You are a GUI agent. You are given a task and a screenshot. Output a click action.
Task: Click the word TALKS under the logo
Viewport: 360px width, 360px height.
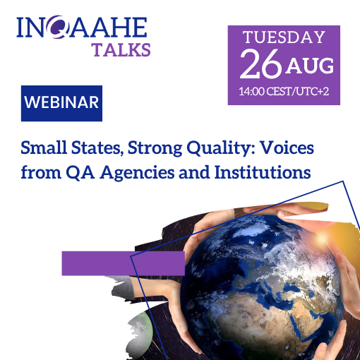click(121, 49)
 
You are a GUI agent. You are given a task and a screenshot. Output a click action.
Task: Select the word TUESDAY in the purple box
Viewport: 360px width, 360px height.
click(284, 37)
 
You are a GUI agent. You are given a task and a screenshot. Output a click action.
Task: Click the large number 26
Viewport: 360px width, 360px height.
click(260, 64)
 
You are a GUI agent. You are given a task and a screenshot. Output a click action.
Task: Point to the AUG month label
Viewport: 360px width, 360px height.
click(310, 66)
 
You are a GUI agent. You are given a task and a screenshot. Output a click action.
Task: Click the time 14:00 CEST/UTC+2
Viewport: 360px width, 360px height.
click(284, 91)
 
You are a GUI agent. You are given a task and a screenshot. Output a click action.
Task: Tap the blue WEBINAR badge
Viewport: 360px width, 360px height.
click(61, 103)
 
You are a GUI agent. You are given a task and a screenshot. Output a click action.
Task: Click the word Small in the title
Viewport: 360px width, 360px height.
click(44, 148)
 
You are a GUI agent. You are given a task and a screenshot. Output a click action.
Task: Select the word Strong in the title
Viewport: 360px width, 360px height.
click(155, 149)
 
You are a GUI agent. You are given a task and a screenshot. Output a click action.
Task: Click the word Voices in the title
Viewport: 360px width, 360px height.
click(287, 148)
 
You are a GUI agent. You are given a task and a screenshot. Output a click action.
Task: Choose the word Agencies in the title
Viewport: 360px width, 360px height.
click(137, 173)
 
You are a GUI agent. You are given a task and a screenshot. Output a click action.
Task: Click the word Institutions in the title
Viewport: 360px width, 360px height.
click(263, 172)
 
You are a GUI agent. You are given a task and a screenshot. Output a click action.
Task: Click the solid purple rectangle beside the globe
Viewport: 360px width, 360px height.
click(124, 263)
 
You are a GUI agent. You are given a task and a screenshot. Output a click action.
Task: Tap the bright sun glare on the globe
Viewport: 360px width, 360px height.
click(321, 239)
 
